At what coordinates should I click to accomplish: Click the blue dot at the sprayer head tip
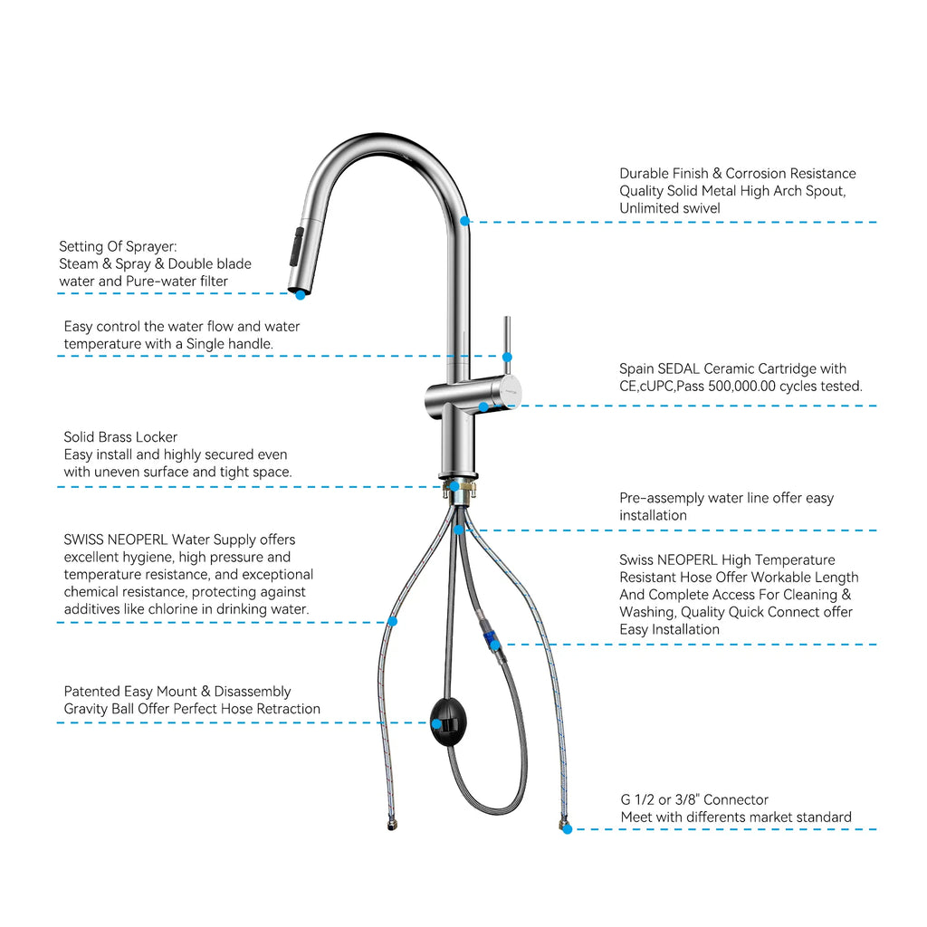300,294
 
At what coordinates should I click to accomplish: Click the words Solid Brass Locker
120,437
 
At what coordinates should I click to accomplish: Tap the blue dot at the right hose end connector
567,828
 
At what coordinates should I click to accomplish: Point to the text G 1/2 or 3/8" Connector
693,799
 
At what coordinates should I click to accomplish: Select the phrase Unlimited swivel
668,208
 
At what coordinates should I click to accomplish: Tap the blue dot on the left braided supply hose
392,621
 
